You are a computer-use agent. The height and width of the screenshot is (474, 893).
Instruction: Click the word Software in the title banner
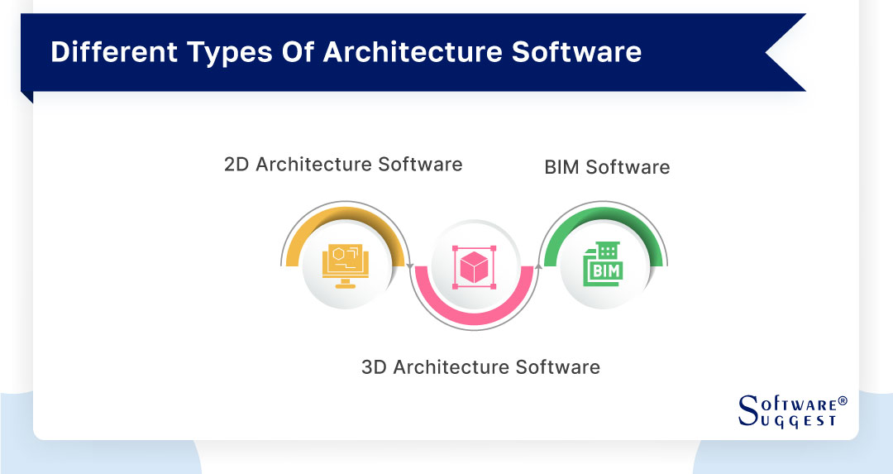pyautogui.click(x=576, y=52)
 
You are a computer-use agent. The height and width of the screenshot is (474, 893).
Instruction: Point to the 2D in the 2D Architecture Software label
pyautogui.click(x=236, y=164)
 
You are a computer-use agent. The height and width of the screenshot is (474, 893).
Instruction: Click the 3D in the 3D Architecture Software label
pyautogui.click(x=374, y=366)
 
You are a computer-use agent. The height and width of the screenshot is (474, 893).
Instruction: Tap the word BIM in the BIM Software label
pyautogui.click(x=562, y=167)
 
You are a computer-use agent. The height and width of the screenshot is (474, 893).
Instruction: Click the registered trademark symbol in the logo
pyautogui.click(x=843, y=400)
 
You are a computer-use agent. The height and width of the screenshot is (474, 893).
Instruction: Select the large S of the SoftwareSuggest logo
pyautogui.click(x=747, y=411)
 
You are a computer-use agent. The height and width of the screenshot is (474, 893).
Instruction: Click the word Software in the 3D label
pyautogui.click(x=564, y=366)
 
